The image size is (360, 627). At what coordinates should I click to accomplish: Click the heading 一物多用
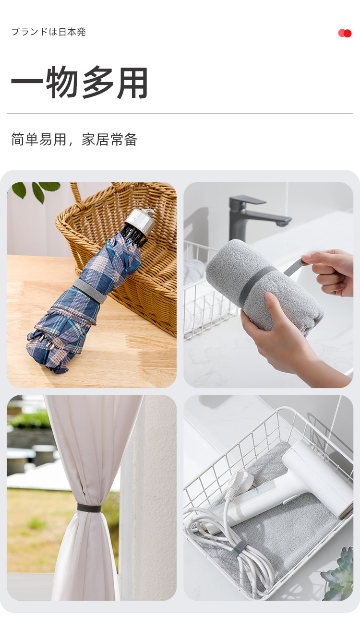[80, 83]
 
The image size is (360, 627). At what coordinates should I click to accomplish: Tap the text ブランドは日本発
[48, 32]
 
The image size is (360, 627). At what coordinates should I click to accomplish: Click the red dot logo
[345, 33]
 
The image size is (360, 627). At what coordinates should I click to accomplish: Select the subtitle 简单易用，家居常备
[74, 140]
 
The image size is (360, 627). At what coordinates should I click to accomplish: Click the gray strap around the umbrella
[89, 290]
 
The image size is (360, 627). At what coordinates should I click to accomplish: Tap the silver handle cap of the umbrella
[140, 221]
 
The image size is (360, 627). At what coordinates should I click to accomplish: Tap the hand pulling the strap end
[331, 271]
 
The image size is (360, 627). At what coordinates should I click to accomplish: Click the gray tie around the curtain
[89, 508]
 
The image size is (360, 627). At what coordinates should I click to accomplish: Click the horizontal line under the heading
[180, 113]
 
